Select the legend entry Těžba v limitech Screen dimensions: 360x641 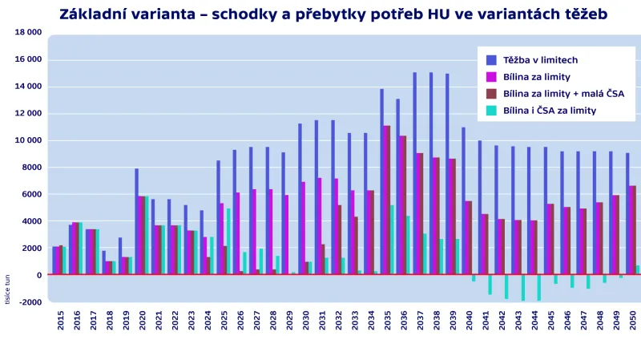[542, 59]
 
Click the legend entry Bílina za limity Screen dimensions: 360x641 [536, 77]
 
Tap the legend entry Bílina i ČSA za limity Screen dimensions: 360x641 [549, 111]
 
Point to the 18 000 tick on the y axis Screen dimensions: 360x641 [28, 32]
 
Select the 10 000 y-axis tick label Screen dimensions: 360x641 [28, 140]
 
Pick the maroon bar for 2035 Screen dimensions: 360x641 [387, 200]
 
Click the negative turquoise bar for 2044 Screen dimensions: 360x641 [538, 288]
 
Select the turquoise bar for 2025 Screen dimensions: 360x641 [228, 241]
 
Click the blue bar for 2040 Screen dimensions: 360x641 [463, 200]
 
